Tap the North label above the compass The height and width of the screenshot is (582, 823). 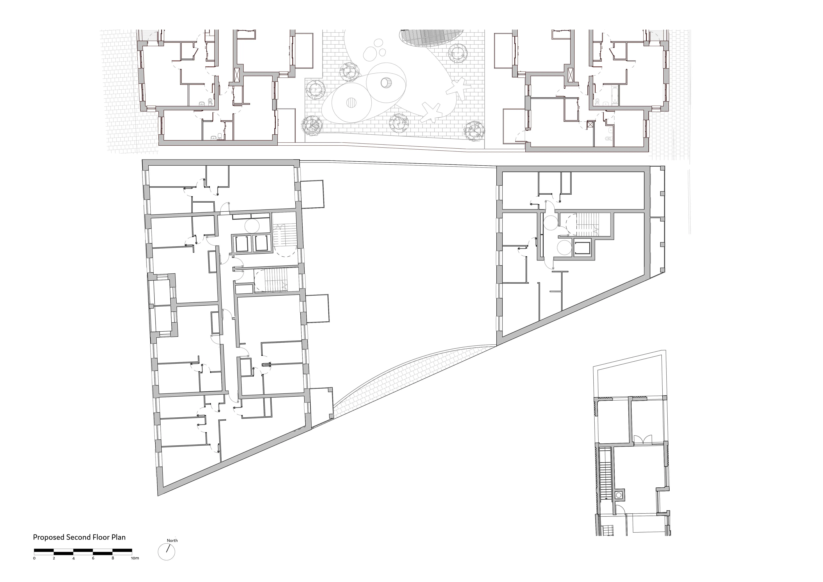[x=172, y=540]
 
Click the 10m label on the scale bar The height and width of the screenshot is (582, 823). [x=135, y=558]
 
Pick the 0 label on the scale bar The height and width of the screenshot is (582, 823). [x=34, y=558]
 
